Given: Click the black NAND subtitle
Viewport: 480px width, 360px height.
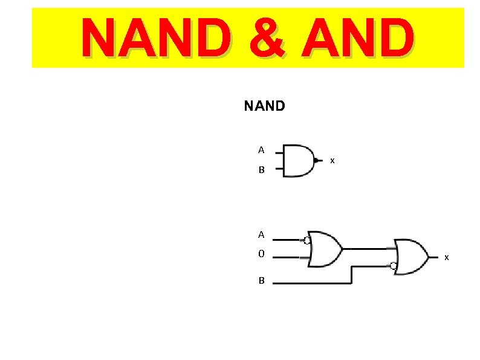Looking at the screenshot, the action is [264, 106].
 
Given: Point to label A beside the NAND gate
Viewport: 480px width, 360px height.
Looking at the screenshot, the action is [261, 149].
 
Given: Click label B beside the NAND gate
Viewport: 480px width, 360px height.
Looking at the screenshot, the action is [261, 171].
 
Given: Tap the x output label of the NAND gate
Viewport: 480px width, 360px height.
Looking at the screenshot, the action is [332, 161].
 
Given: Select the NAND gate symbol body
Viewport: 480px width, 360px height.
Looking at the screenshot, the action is [298, 160].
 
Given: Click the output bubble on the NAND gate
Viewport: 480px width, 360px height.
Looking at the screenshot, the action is [316, 160].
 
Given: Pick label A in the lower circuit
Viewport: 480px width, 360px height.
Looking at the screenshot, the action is [261, 234].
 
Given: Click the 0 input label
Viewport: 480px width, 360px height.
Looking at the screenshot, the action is [261, 254].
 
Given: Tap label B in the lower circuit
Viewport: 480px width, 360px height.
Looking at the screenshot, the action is [262, 281].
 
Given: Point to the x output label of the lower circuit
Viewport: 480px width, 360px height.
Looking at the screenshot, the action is [447, 258].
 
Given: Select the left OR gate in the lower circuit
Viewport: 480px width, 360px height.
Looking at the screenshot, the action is [325, 248].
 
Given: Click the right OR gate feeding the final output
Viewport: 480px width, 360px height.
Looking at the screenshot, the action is [411, 257].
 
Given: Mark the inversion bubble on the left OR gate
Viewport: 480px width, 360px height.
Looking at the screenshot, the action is [308, 240].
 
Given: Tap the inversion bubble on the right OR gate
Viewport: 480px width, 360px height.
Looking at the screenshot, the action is [393, 266].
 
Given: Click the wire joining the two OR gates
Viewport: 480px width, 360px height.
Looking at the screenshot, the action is [366, 248].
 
